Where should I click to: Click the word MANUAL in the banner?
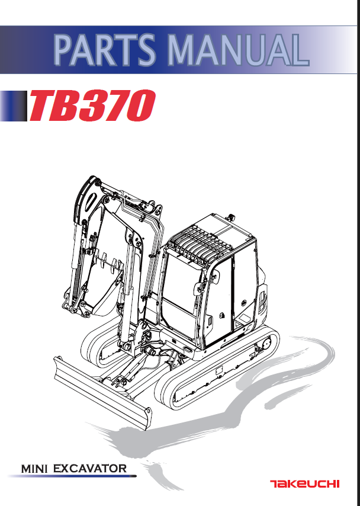(239, 50)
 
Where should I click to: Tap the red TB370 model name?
(93, 105)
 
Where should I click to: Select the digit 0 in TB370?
(140, 105)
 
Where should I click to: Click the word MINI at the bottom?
(34, 469)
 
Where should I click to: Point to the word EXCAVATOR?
(89, 469)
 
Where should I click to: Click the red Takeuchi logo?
(304, 483)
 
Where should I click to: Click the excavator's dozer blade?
(102, 393)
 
